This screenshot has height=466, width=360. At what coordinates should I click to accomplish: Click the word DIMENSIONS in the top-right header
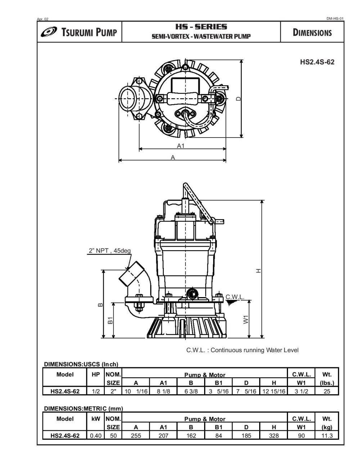tap(312, 32)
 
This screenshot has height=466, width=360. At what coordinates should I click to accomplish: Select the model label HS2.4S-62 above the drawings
tap(317, 62)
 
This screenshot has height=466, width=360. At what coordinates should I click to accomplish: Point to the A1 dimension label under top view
tap(181, 146)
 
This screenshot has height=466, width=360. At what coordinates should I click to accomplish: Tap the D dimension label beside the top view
tap(238, 99)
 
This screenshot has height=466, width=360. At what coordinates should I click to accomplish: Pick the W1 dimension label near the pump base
tap(246, 319)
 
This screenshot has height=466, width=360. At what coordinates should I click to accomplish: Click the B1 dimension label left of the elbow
tap(111, 320)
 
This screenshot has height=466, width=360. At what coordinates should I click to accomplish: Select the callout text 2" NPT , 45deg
tap(109, 251)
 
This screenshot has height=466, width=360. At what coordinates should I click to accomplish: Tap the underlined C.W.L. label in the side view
tap(235, 297)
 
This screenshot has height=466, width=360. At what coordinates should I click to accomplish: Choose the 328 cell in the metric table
tap(274, 435)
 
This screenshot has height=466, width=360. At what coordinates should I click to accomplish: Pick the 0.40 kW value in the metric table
tap(95, 435)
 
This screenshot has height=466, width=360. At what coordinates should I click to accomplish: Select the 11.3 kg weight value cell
tap(327, 435)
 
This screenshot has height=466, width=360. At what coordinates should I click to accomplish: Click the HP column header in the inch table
tap(95, 375)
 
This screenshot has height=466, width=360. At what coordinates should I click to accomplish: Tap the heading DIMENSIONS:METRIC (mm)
tap(83, 408)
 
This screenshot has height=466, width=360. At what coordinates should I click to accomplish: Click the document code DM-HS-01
tap(335, 19)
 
